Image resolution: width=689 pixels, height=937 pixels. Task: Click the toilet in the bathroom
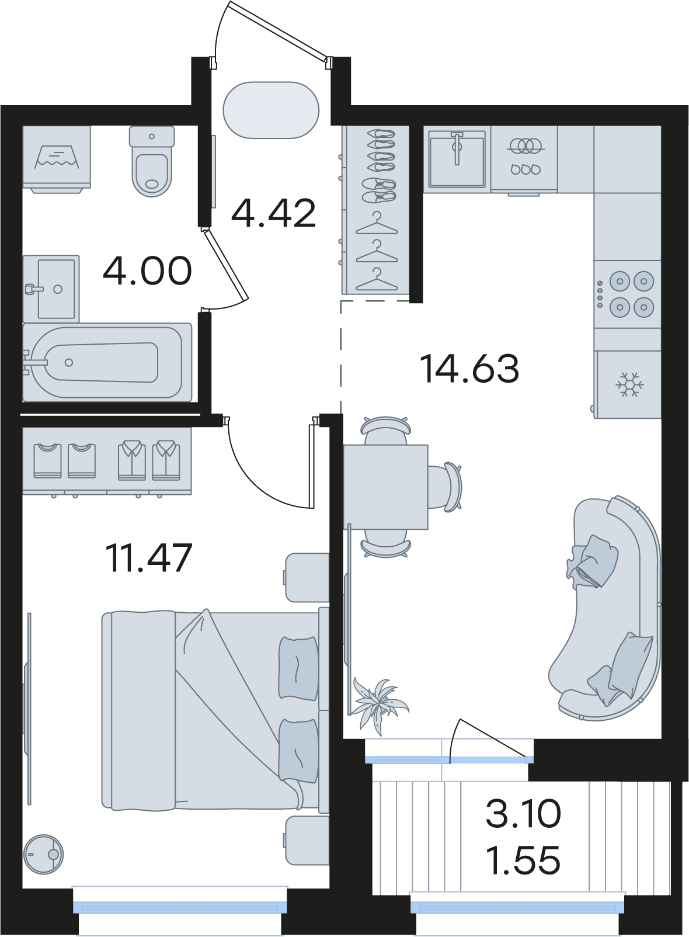coord(152,161)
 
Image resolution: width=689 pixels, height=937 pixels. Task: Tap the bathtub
coord(107,362)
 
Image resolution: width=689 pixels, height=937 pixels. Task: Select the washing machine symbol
coord(57,159)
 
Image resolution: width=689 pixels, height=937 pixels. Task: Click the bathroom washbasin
coord(51,289)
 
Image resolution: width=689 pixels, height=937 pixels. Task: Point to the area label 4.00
coord(147,271)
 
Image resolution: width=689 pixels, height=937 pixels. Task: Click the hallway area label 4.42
coord(273,213)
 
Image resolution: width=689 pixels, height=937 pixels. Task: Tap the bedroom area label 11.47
coord(149,557)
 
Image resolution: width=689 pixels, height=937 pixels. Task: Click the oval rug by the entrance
coord(271,110)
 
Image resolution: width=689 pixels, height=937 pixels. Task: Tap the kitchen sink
coord(457,158)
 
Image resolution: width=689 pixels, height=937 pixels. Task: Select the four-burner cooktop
coord(628,294)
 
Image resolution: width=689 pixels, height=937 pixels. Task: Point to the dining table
coord(385,487)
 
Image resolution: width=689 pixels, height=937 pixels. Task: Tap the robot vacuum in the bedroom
coord(43,855)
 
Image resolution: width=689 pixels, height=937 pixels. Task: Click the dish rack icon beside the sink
coord(525,158)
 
